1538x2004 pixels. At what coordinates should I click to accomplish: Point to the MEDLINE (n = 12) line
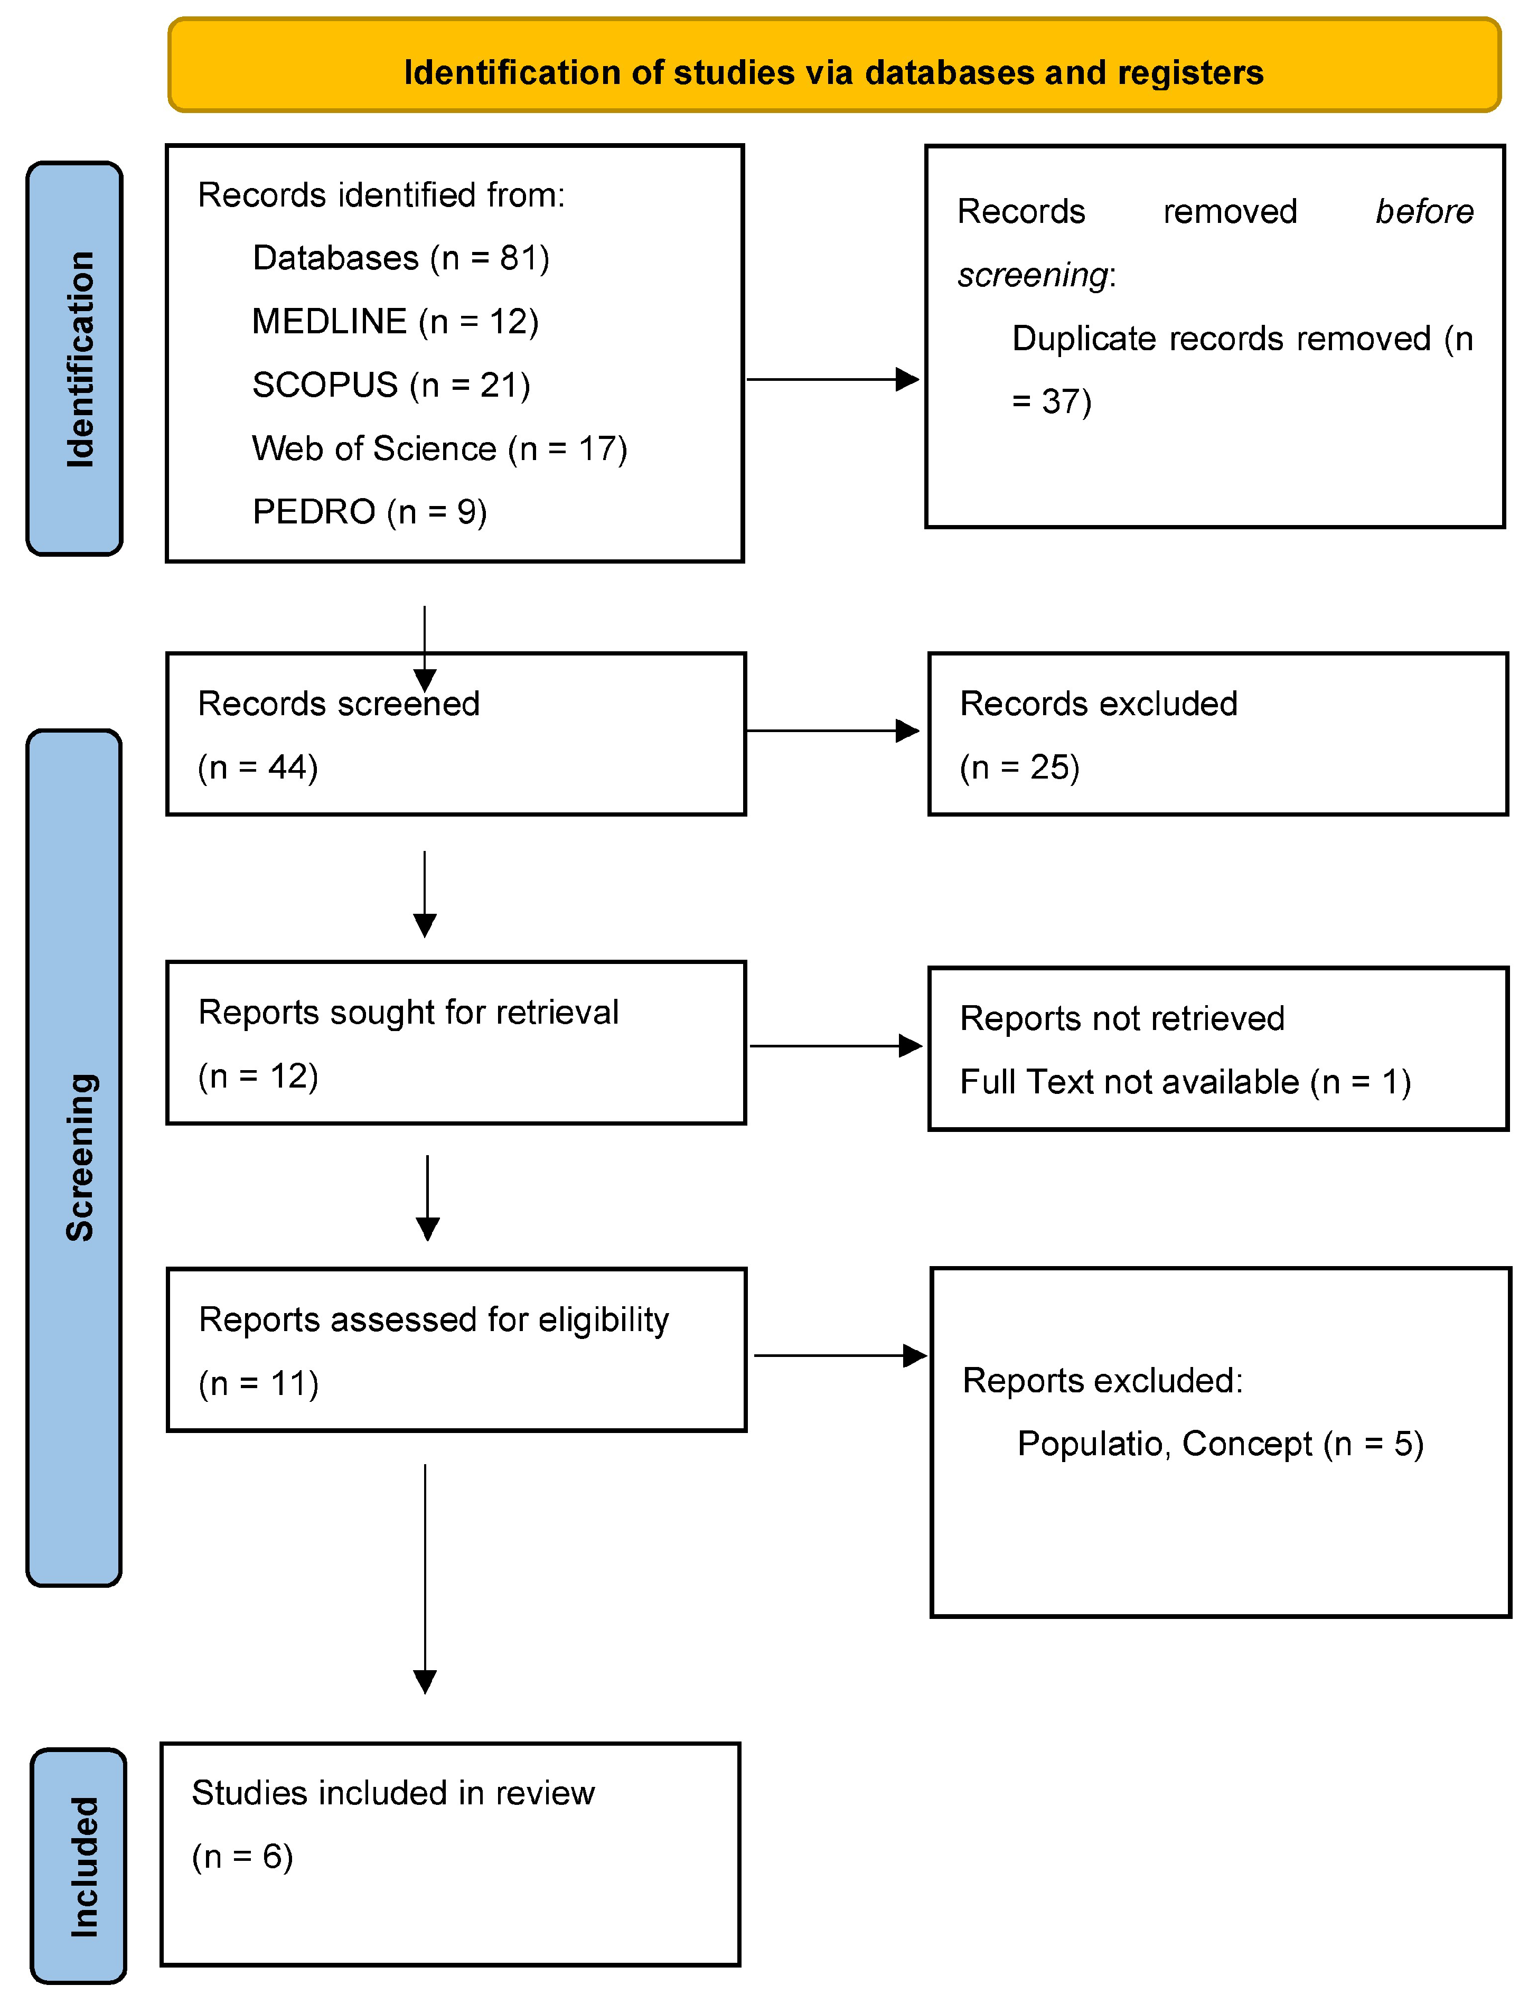[x=395, y=321]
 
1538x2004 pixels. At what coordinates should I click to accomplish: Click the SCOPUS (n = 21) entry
[x=391, y=385]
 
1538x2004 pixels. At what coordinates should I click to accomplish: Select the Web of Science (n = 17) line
[x=439, y=448]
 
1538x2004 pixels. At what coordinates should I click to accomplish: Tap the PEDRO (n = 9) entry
[x=369, y=512]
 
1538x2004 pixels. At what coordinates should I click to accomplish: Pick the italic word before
[x=1423, y=211]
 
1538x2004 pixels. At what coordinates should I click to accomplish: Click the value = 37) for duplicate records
[x=1051, y=402]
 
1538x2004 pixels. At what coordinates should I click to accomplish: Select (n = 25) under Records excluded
[x=1019, y=767]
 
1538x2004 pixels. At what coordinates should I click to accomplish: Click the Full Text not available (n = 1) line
[x=1185, y=1082]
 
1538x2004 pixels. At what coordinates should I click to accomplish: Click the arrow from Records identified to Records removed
[x=831, y=379]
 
